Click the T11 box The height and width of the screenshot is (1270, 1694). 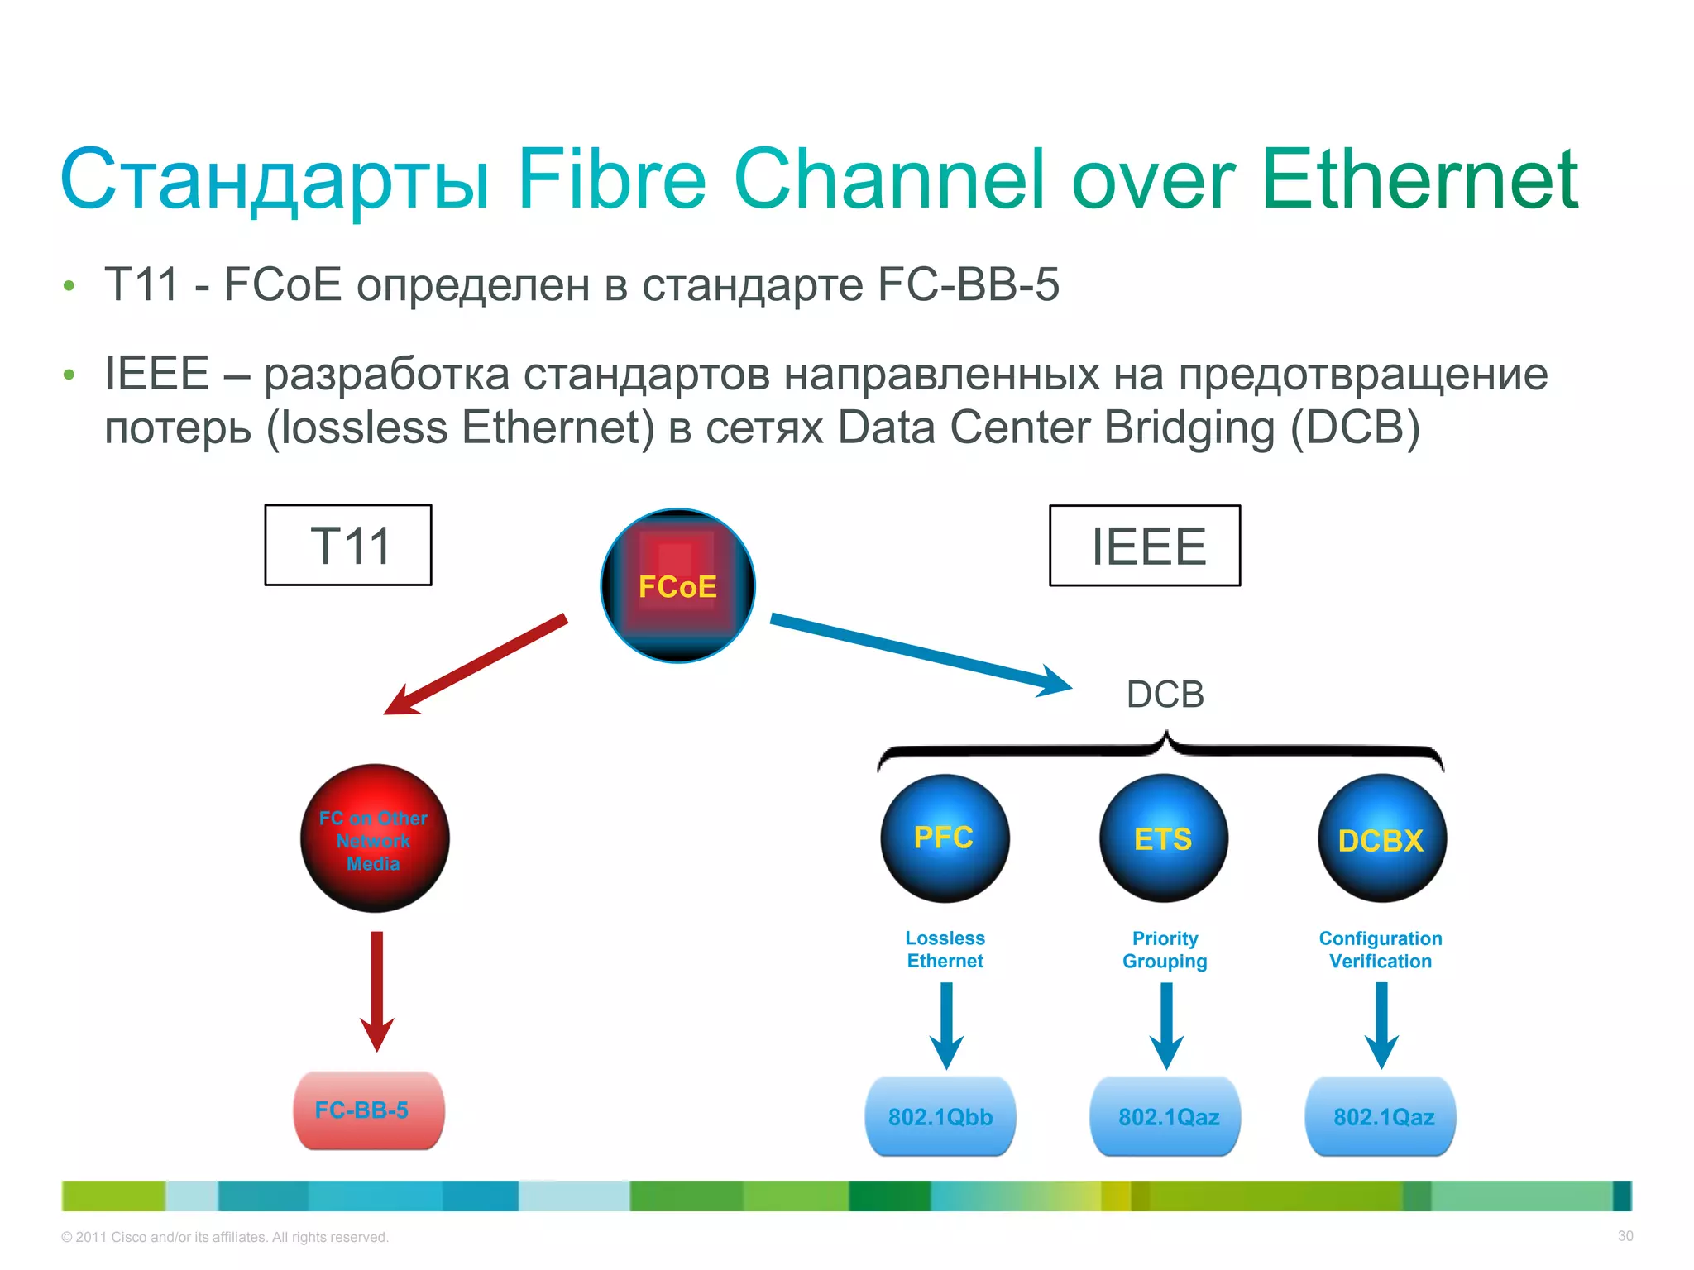(348, 545)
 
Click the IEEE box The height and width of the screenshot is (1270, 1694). (1145, 546)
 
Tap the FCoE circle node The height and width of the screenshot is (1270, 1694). (677, 585)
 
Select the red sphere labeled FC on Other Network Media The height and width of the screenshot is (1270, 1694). (375, 838)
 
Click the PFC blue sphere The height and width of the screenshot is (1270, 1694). (945, 838)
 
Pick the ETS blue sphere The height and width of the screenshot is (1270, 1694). (1164, 838)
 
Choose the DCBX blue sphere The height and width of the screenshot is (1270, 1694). (1381, 838)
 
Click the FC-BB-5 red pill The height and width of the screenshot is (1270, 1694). (369, 1110)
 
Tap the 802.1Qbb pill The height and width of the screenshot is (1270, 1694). (940, 1116)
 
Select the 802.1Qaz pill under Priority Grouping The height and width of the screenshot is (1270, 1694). (1165, 1116)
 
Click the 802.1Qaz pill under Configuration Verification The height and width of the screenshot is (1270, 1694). (1381, 1116)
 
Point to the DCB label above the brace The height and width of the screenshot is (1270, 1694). (1165, 695)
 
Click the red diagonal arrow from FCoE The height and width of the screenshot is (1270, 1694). (476, 665)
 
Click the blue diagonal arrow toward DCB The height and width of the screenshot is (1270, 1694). (918, 653)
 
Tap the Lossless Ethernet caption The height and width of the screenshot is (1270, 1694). (945, 949)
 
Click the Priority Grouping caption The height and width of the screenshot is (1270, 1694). (1165, 949)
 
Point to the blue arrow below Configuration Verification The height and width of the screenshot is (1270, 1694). (1381, 1024)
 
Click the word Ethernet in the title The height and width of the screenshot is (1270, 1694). (1419, 179)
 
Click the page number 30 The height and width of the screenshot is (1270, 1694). (1625, 1236)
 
